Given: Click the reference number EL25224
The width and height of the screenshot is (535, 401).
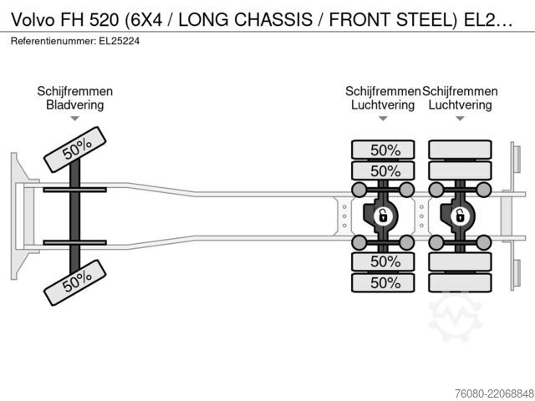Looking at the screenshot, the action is click(119, 41).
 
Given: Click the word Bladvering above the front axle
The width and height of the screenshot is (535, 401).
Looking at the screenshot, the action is click(74, 104).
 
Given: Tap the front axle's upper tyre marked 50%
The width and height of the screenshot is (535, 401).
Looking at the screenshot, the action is click(74, 150).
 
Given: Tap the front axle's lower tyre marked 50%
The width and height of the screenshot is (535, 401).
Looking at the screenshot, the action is click(74, 282).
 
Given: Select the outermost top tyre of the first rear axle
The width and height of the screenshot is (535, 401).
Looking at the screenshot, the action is click(383, 150).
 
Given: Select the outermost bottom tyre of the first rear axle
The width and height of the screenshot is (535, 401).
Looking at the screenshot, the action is click(383, 282).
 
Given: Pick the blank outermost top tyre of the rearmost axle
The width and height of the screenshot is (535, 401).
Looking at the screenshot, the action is click(460, 150).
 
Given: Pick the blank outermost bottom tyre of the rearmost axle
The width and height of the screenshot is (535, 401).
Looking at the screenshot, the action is click(460, 282).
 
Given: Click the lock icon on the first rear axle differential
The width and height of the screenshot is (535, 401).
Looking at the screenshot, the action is click(383, 216).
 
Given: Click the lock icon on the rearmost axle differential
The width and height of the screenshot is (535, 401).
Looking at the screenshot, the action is click(460, 216).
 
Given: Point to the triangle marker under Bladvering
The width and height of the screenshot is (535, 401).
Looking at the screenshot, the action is click(74, 119).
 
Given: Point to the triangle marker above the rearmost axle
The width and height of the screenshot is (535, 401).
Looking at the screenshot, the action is click(460, 119).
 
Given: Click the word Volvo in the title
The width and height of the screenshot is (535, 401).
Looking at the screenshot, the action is click(33, 19).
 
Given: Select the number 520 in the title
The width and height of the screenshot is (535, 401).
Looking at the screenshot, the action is click(104, 19).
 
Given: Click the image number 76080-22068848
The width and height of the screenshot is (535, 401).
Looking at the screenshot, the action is click(494, 393).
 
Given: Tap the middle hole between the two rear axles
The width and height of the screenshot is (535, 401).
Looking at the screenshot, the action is click(421, 216).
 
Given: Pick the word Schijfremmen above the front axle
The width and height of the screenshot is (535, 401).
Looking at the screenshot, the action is click(74, 91).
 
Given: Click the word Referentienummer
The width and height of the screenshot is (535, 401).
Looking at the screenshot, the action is click(53, 41).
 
